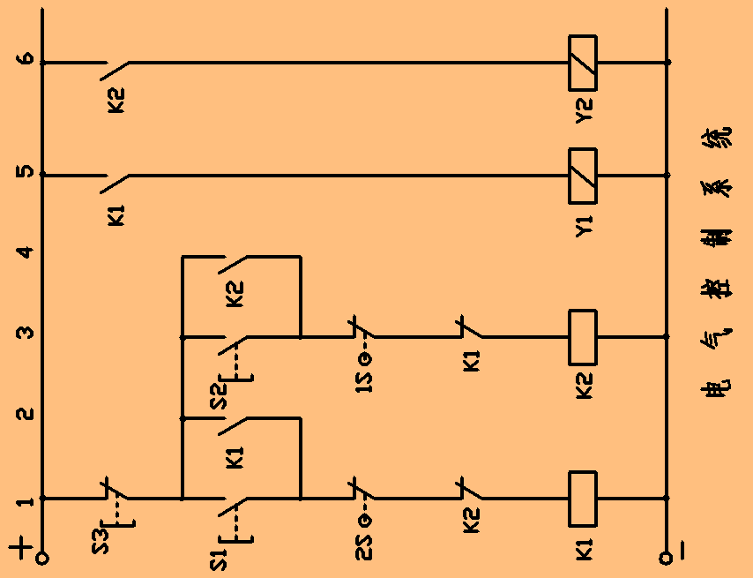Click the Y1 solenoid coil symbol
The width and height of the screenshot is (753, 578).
(583, 175)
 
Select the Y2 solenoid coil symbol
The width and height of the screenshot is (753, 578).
(583, 63)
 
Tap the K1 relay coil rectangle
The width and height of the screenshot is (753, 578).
(583, 498)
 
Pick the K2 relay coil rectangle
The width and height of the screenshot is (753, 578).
(583, 336)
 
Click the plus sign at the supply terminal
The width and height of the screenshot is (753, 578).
(24, 549)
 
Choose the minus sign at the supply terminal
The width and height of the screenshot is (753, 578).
(685, 552)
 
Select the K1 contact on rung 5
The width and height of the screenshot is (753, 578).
(116, 176)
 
